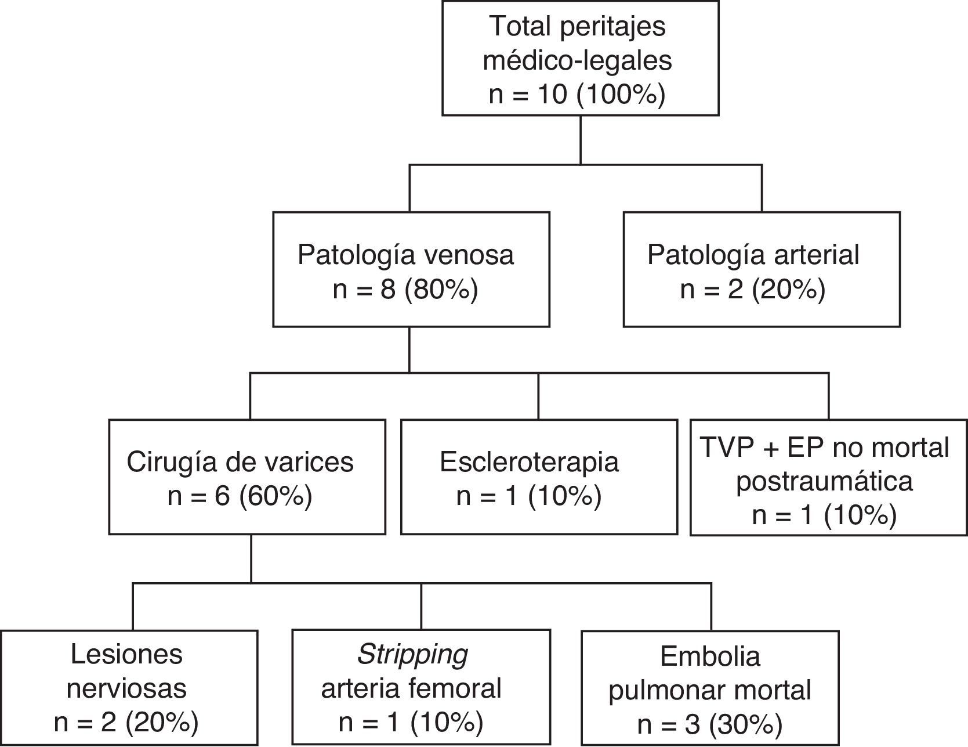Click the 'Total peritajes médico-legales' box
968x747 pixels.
[x=580, y=58]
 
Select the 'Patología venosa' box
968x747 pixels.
[x=411, y=269]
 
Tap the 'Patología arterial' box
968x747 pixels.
[x=761, y=269]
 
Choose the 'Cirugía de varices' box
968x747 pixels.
[x=247, y=477]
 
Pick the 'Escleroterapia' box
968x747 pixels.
[x=539, y=477]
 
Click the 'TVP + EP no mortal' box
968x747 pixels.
[x=828, y=477]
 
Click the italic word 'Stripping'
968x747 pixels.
[x=412, y=655]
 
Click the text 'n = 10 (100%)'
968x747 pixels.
[x=577, y=94]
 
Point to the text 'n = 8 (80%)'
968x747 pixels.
[x=405, y=290]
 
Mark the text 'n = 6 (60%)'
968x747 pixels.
[x=240, y=497]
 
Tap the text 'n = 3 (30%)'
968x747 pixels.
[x=709, y=724]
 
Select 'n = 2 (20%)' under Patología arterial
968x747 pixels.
[x=752, y=290]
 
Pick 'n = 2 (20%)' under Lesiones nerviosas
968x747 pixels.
[x=126, y=723]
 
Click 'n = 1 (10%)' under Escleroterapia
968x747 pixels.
[x=528, y=497]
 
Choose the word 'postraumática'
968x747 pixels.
[x=824, y=481]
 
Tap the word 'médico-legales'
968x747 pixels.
[x=577, y=60]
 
